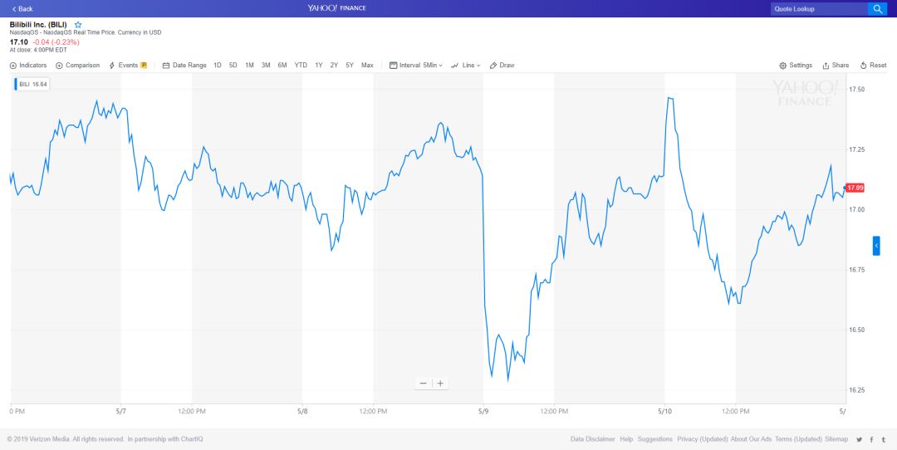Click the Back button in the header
pyautogui.click(x=22, y=8)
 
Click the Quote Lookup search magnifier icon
pyautogui.click(x=877, y=8)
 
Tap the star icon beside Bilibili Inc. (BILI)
pyautogui.click(x=78, y=25)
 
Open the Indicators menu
pyautogui.click(x=29, y=66)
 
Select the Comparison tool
pyautogui.click(x=78, y=66)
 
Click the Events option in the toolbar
pyautogui.click(x=127, y=66)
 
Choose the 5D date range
pyautogui.click(x=233, y=66)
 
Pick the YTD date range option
pyautogui.click(x=301, y=66)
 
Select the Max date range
pyautogui.click(x=367, y=66)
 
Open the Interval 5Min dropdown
pyautogui.click(x=416, y=66)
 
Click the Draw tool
pyautogui.click(x=502, y=66)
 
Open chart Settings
pyautogui.click(x=796, y=66)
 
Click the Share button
pyautogui.click(x=836, y=66)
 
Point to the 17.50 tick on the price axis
pyautogui.click(x=855, y=89)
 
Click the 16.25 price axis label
pyautogui.click(x=855, y=390)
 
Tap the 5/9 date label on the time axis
pyautogui.click(x=483, y=411)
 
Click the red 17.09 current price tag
pyautogui.click(x=855, y=188)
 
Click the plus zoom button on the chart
pyautogui.click(x=440, y=384)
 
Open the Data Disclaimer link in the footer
pyautogui.click(x=592, y=439)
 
